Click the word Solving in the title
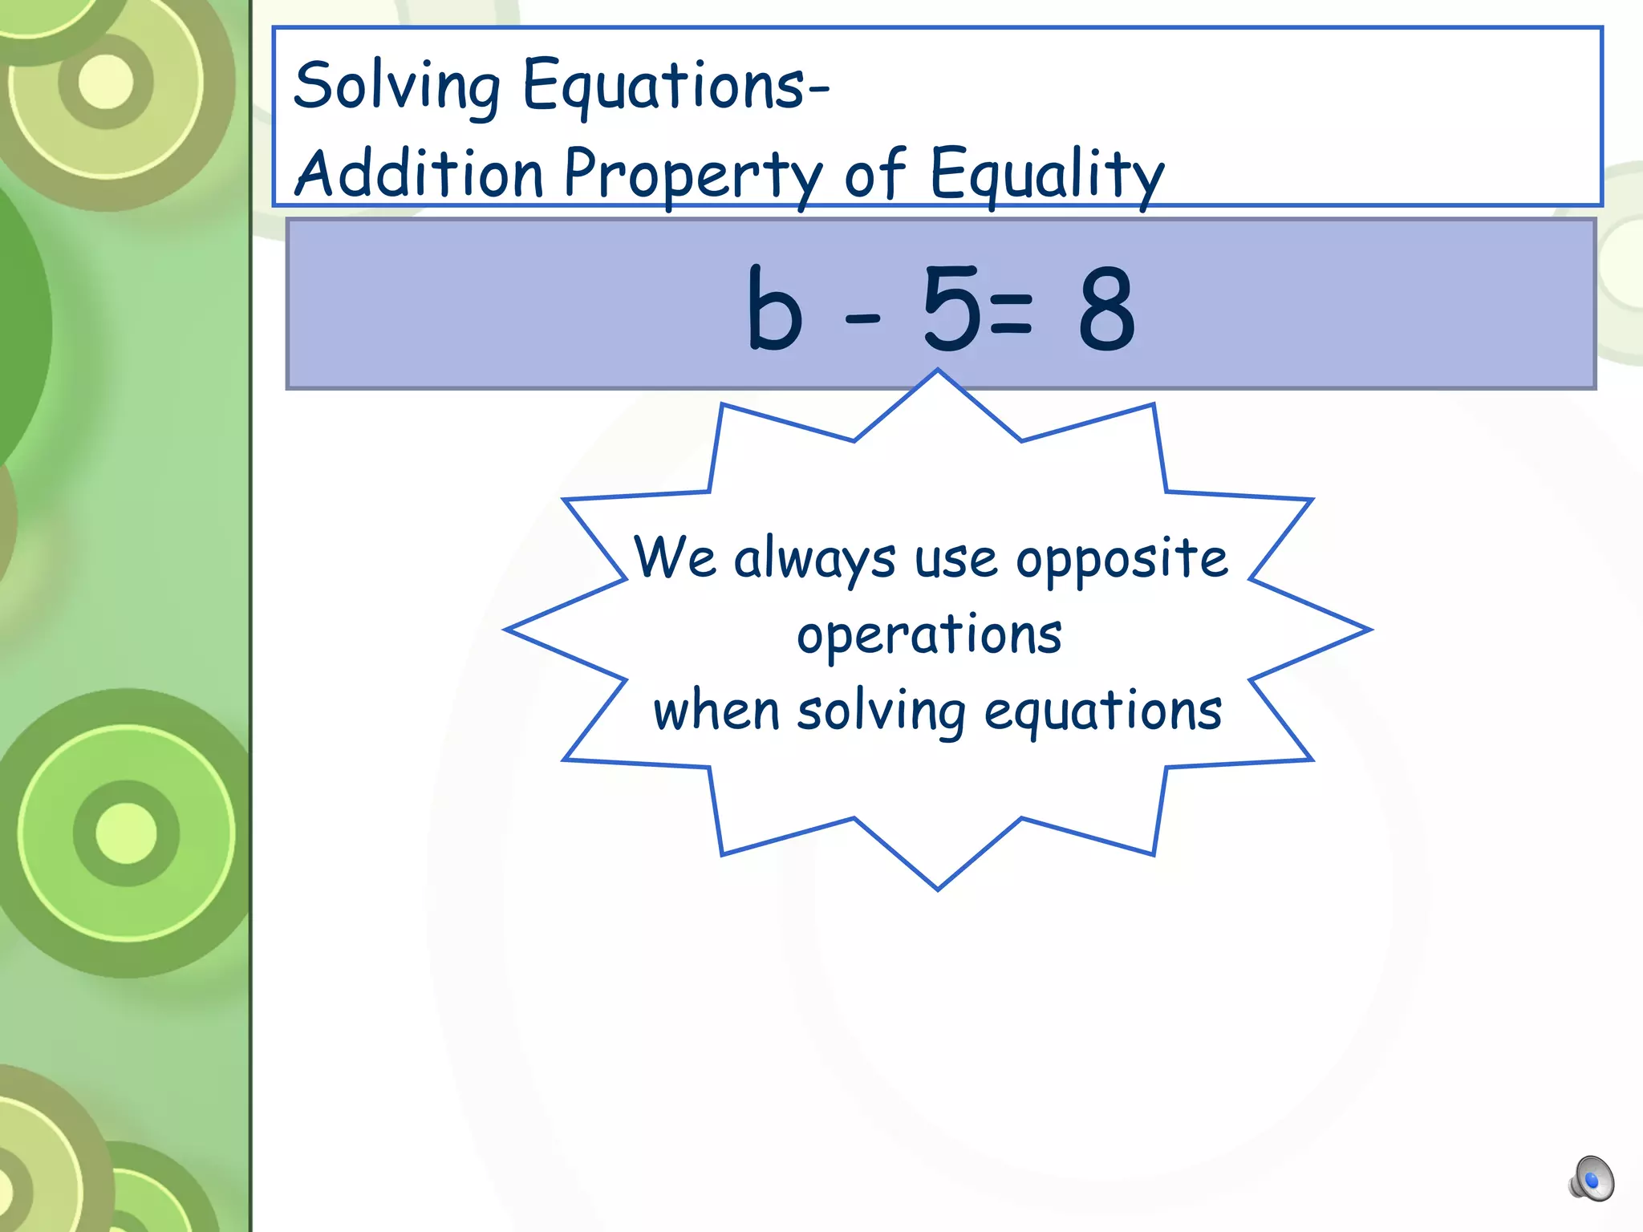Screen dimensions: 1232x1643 tap(397, 87)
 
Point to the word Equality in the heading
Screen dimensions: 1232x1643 tap(1046, 175)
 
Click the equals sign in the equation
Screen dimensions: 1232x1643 tap(1010, 314)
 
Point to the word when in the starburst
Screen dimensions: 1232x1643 tap(716, 711)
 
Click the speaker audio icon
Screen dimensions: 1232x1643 tap(1591, 1179)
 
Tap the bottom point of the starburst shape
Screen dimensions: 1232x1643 tap(938, 885)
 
